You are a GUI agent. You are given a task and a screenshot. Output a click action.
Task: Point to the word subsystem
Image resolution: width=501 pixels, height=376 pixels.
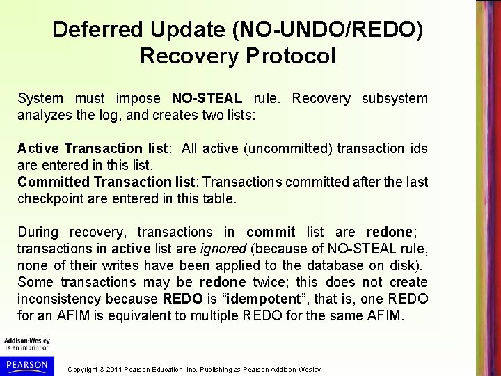point(395,99)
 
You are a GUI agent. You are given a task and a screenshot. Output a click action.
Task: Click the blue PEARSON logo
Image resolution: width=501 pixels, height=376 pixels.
point(25,365)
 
